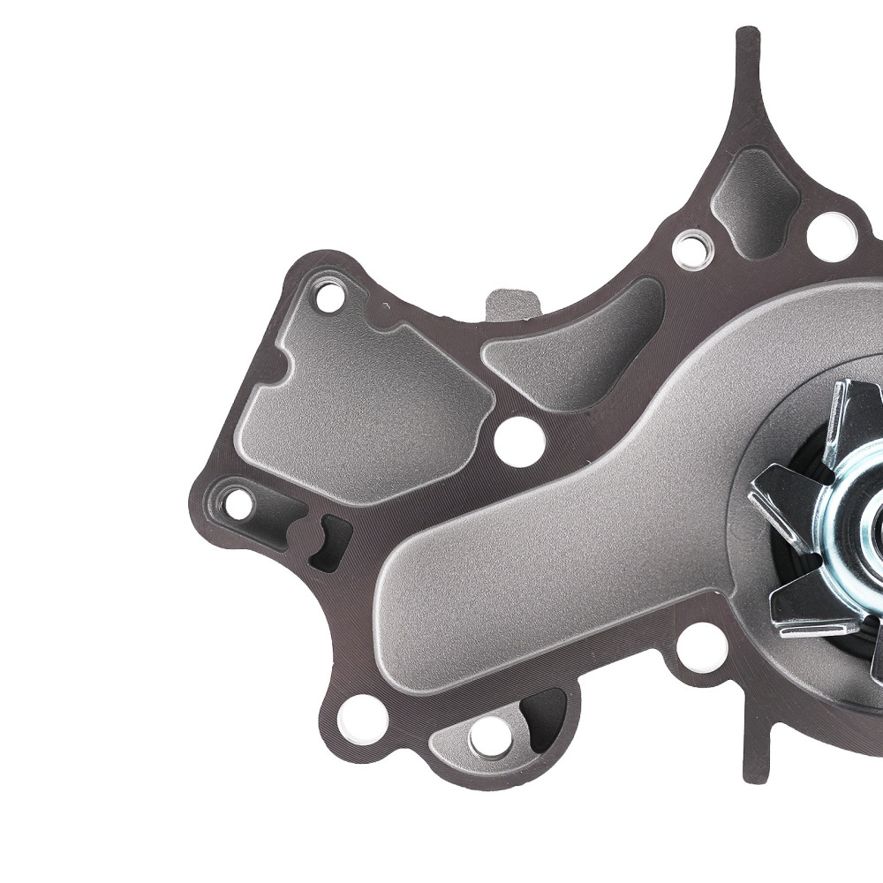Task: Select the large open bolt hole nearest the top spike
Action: (x=831, y=237)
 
